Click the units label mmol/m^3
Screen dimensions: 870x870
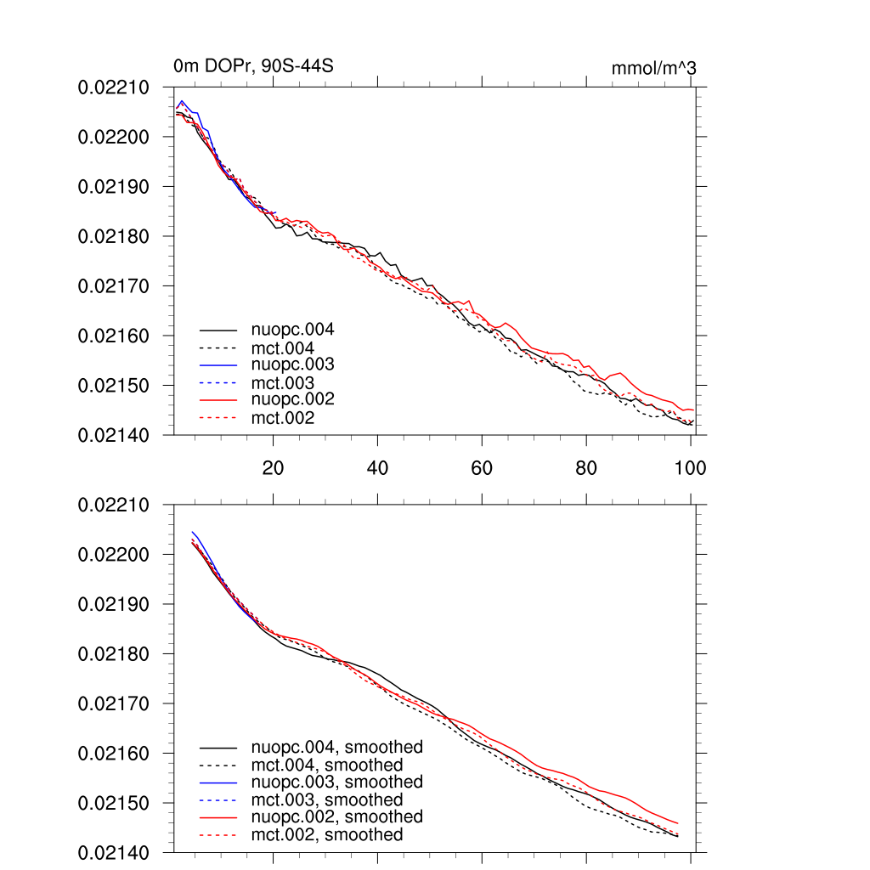[x=653, y=68]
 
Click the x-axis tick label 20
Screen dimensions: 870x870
[x=273, y=468]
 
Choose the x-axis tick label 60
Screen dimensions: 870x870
[x=482, y=468]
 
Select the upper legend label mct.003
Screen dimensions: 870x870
[x=283, y=383]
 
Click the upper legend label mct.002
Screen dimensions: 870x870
[x=283, y=418]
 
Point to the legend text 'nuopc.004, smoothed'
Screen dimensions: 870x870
[x=336, y=748]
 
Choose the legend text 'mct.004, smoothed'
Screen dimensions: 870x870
[x=327, y=765]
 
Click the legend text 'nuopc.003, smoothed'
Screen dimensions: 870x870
[x=336, y=782]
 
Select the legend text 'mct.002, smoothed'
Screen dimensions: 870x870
[x=327, y=835]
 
